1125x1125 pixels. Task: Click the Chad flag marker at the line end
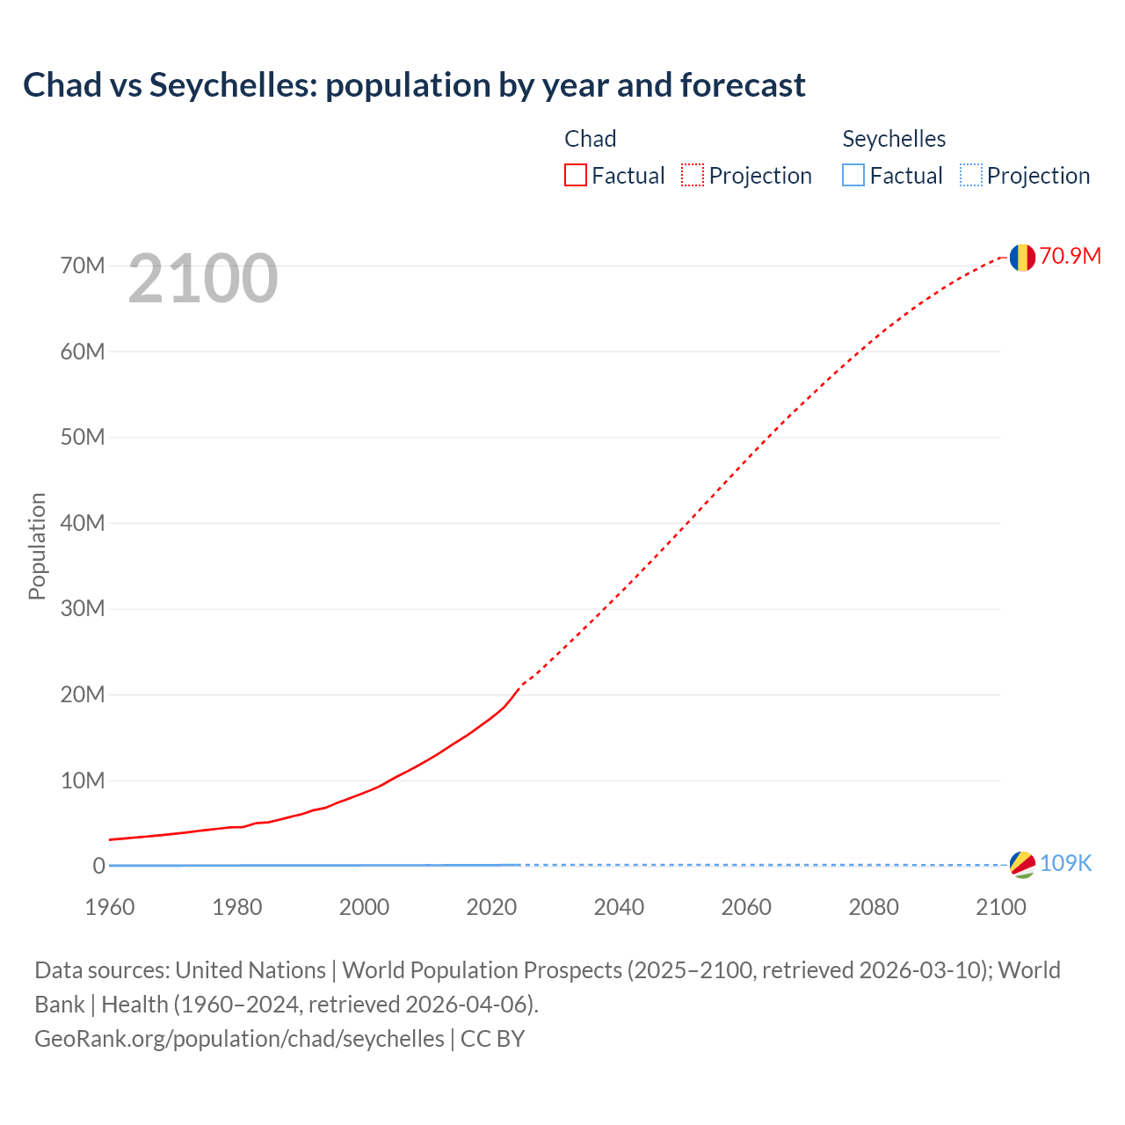tap(1022, 258)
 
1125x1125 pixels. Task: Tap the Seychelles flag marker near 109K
tap(1022, 864)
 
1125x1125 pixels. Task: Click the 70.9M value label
tap(1070, 256)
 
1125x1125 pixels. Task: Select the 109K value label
tap(1065, 863)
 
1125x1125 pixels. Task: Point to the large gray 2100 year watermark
tap(203, 279)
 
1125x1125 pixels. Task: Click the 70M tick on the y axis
tap(83, 265)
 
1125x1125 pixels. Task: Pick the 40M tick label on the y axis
tap(83, 523)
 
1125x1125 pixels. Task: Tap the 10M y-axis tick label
tap(83, 780)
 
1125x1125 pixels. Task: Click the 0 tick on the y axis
tap(98, 866)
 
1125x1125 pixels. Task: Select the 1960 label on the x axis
tap(110, 907)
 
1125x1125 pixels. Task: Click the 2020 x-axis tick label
tap(491, 907)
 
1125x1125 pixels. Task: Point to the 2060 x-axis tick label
tap(746, 907)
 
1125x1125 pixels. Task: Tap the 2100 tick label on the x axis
tap(1000, 907)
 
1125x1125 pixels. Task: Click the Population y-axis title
tap(37, 546)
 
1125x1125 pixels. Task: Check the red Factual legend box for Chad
tap(576, 175)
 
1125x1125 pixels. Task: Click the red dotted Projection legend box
tap(693, 175)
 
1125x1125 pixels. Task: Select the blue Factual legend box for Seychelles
tap(853, 175)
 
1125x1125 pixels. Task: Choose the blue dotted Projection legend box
tap(971, 175)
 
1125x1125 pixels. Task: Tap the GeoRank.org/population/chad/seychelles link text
tap(239, 1038)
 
